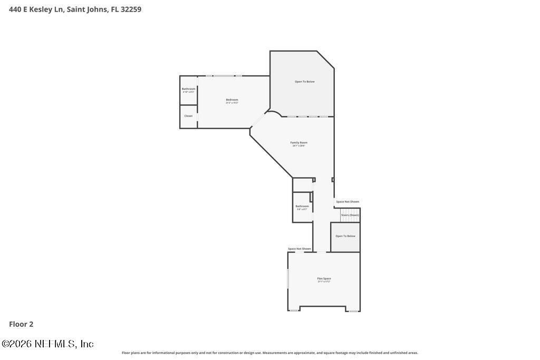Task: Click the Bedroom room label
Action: click(x=232, y=100)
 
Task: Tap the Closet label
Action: click(x=188, y=116)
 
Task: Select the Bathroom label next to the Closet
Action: click(x=188, y=89)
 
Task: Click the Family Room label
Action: click(x=298, y=142)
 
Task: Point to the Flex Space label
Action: click(x=324, y=278)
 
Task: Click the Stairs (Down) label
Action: click(x=350, y=215)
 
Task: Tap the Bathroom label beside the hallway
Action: click(x=302, y=206)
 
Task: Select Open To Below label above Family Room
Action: click(x=304, y=82)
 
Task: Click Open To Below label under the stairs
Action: click(x=345, y=236)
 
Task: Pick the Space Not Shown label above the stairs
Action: click(x=348, y=202)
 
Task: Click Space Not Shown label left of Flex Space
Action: click(x=299, y=249)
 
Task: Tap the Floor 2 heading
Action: click(x=21, y=324)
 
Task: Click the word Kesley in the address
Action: click(x=41, y=9)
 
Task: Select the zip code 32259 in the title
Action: click(x=131, y=9)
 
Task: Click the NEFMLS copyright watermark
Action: click(x=47, y=344)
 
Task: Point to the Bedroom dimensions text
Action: click(x=232, y=103)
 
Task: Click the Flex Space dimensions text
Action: click(x=324, y=282)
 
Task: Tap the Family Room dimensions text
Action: click(x=298, y=146)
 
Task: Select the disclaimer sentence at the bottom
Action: click(x=269, y=353)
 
